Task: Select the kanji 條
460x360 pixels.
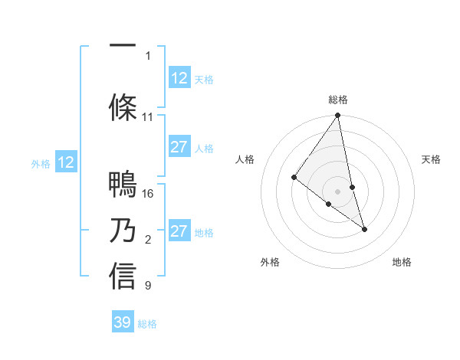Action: pos(123,106)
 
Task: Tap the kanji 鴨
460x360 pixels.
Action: pos(123,185)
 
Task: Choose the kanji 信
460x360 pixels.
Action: pos(123,276)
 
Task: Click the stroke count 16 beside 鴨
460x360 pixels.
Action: pos(149,193)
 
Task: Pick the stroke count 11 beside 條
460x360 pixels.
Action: pos(148,117)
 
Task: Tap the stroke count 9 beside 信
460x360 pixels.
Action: pos(148,286)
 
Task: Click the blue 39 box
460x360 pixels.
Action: pos(123,322)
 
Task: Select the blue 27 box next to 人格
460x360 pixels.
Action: pos(179,147)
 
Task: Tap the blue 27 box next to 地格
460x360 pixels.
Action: pos(179,231)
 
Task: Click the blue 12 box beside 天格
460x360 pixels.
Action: pos(179,78)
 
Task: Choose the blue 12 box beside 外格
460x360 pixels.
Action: pos(66,162)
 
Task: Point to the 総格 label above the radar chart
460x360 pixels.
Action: pos(338,100)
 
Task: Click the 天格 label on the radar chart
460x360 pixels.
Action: pos(431,159)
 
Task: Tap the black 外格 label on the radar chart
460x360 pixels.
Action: pos(270,262)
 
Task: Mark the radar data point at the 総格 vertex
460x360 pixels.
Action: pos(338,116)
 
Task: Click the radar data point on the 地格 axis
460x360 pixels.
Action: pos(364,228)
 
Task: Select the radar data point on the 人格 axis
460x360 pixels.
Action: pos(294,177)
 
